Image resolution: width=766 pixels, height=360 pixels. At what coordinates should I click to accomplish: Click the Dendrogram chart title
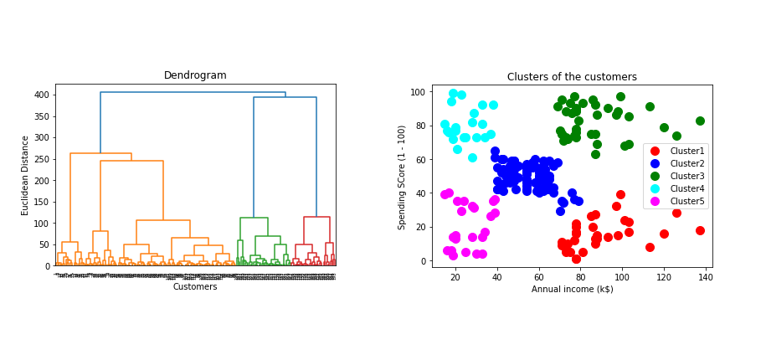pyautogui.click(x=195, y=75)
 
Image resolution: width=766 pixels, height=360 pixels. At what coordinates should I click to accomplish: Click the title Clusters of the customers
pyautogui.click(x=572, y=77)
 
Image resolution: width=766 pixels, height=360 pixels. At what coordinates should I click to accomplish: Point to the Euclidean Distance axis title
pyautogui.click(x=26, y=175)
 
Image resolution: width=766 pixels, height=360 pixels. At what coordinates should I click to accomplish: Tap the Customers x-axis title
pyautogui.click(x=195, y=286)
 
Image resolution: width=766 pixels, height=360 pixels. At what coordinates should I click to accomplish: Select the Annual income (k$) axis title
pyautogui.click(x=572, y=289)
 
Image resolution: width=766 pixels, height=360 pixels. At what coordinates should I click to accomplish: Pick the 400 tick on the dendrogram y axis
pyautogui.click(x=42, y=95)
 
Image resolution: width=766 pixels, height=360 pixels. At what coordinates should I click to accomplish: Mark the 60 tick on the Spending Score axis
pyautogui.click(x=420, y=159)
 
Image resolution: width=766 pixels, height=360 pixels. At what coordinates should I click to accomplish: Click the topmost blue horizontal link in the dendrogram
pyautogui.click(x=193, y=92)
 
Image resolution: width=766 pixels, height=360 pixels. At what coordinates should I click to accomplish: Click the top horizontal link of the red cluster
pyautogui.click(x=316, y=217)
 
